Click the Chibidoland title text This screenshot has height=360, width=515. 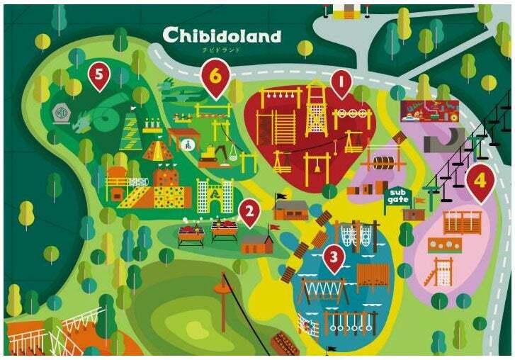[x=221, y=35]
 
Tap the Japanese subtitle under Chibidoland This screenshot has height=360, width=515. [x=221, y=50]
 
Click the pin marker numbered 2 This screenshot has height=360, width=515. [x=248, y=211]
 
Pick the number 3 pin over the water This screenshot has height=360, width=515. [x=334, y=257]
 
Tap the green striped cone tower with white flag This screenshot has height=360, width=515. [x=132, y=131]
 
